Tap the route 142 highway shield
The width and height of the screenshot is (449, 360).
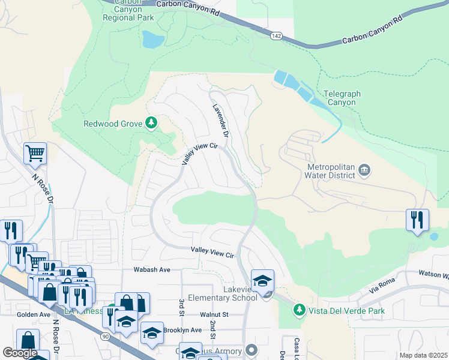(x=276, y=36)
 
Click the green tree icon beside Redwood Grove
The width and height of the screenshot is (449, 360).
(x=152, y=124)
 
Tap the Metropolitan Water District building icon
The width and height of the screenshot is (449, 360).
(x=364, y=172)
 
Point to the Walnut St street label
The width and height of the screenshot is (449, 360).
(x=215, y=314)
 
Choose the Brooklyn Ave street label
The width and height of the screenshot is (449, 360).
(x=182, y=330)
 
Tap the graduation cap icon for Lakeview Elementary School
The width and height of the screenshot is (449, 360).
(x=262, y=280)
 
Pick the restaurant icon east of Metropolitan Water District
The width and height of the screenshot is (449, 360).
(x=417, y=219)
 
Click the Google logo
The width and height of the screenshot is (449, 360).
(x=19, y=352)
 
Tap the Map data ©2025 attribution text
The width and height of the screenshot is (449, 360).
(x=423, y=355)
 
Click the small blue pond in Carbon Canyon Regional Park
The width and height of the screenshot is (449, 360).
(x=152, y=40)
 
